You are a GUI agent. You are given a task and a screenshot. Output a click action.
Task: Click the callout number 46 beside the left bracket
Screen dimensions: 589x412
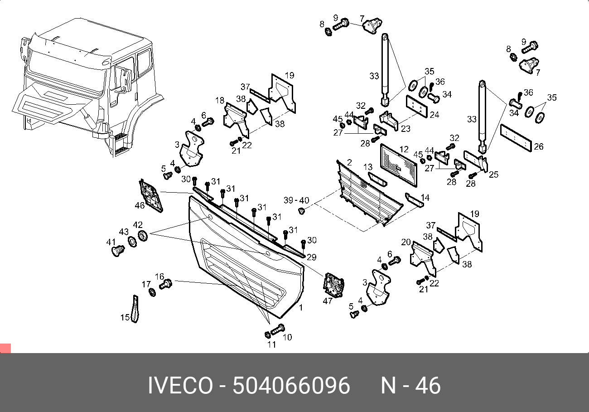pyautogui.click(x=140, y=206)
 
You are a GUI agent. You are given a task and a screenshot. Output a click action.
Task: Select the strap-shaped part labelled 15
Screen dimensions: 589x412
pyautogui.click(x=135, y=310)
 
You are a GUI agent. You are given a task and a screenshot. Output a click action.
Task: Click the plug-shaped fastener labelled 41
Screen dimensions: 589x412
pyautogui.click(x=118, y=250)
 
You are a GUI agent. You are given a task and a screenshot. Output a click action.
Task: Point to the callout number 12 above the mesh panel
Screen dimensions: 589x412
pyautogui.click(x=404, y=149)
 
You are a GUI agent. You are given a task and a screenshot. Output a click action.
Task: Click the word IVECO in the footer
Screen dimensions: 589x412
pyautogui.click(x=180, y=386)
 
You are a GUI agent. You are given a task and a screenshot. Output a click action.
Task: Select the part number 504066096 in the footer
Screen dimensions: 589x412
pyautogui.click(x=291, y=386)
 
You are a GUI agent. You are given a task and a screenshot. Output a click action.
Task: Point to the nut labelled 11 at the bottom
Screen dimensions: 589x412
pyautogui.click(x=267, y=335)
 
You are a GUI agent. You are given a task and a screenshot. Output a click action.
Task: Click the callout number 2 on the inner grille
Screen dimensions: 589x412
pyautogui.click(x=349, y=162)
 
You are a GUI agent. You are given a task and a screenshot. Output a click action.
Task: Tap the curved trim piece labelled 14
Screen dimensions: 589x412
pyautogui.click(x=414, y=200)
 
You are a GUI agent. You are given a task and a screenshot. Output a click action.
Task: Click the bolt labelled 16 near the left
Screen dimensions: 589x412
pyautogui.click(x=166, y=284)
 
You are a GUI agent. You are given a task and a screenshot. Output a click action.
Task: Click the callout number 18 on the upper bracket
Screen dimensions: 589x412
pyautogui.click(x=220, y=100)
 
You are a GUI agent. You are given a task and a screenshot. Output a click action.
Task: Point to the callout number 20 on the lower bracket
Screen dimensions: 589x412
pyautogui.click(x=406, y=242)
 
